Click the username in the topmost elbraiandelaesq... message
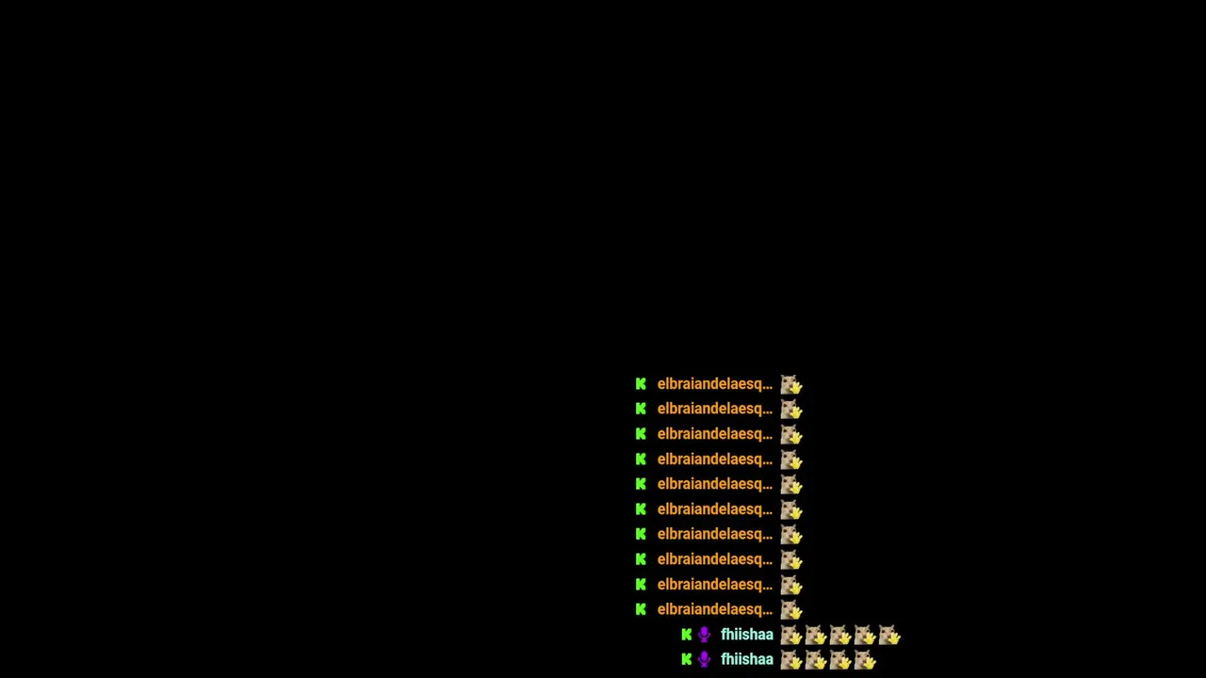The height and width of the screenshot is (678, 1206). (715, 384)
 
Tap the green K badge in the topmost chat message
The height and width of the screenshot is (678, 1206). (641, 384)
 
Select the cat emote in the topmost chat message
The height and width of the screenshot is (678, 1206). (791, 384)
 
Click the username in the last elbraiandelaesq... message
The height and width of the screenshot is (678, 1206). (715, 609)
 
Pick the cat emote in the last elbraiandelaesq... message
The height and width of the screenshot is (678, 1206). (791, 609)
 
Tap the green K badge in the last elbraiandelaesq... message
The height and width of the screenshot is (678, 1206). (641, 609)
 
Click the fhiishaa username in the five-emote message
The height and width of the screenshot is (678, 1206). (747, 635)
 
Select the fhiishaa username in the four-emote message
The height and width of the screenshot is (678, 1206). (747, 659)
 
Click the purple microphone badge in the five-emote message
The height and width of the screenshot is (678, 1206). (704, 635)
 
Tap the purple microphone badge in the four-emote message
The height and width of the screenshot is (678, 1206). (704, 660)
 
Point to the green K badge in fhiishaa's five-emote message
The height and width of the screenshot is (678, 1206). (687, 635)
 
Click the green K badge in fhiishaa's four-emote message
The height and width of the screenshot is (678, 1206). (687, 659)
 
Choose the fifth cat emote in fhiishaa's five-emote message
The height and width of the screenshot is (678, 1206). (889, 635)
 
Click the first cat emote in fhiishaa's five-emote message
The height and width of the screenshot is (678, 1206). (791, 635)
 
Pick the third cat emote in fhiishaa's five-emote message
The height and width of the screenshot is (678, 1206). (840, 635)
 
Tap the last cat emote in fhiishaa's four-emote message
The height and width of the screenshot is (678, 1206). (865, 660)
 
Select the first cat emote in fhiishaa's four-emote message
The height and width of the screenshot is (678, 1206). (791, 660)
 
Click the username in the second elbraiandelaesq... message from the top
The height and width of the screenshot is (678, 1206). (715, 409)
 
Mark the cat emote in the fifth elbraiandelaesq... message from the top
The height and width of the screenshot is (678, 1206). (791, 484)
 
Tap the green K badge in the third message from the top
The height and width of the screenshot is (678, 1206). (641, 434)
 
